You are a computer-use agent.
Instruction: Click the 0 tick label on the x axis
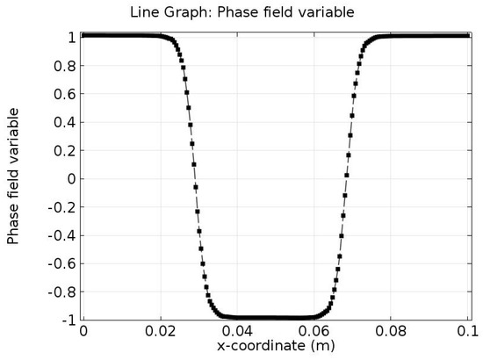pos(83,331)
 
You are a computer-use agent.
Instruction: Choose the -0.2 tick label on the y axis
pos(61,207)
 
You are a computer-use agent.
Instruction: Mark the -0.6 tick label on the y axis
pos(61,263)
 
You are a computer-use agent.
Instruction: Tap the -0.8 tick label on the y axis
pos(61,292)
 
